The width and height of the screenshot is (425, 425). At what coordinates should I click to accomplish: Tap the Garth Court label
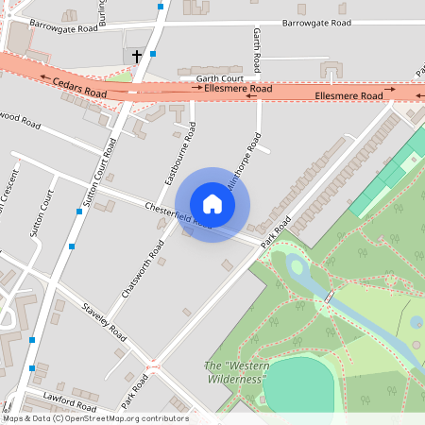pos(220,79)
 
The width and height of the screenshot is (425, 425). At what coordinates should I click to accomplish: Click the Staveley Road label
pos(104,322)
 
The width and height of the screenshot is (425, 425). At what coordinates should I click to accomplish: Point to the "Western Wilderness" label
pos(237,372)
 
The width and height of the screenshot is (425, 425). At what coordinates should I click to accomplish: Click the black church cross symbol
pos(136,57)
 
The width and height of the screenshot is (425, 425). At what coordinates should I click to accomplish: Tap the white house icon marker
pos(212,204)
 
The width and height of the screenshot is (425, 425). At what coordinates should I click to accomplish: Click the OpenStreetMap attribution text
pos(94,418)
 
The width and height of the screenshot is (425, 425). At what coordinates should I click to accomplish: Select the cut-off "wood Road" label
pos(21,121)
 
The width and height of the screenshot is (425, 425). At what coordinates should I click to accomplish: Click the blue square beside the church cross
pos(153,54)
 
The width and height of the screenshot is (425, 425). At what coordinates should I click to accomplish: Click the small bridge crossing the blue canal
pos(329,298)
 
